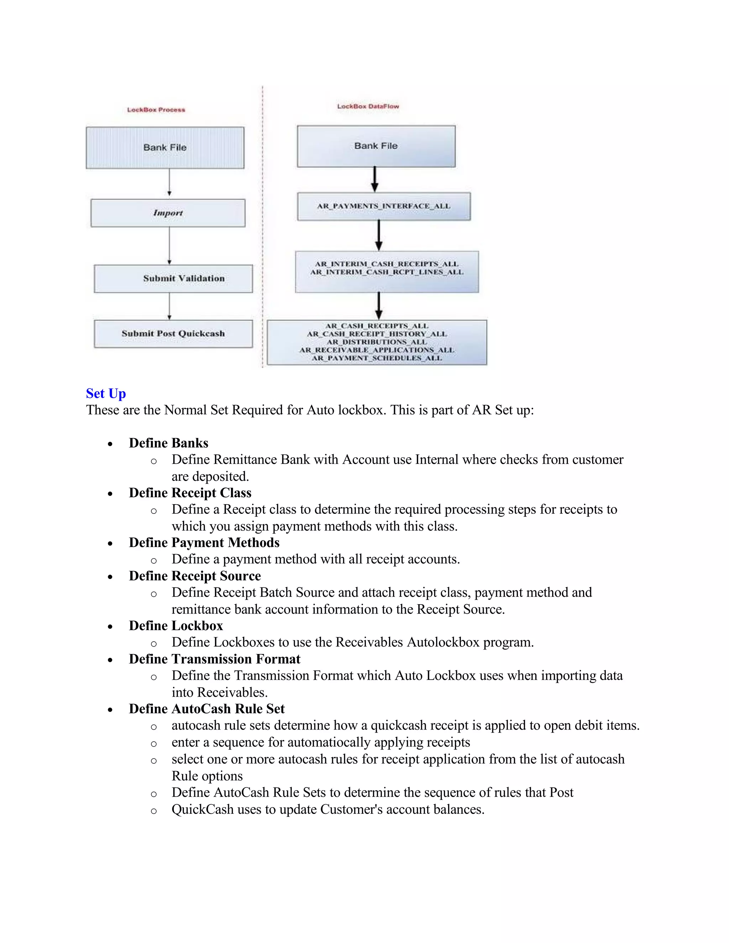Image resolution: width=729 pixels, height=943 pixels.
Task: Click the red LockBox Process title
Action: click(156, 110)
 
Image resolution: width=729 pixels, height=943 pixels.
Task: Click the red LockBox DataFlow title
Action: click(368, 106)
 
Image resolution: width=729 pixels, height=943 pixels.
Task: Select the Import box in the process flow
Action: click(168, 213)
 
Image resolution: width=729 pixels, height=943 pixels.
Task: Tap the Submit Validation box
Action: click(174, 279)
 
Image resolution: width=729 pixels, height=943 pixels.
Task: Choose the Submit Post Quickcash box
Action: click(173, 333)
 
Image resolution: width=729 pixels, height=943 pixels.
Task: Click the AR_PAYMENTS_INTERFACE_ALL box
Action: click(383, 206)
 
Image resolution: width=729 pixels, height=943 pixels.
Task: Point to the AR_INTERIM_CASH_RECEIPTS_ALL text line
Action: click(387, 264)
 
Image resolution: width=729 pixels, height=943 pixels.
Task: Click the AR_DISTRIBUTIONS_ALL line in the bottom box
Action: click(377, 342)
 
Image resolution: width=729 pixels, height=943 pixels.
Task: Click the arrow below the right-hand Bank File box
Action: click(374, 179)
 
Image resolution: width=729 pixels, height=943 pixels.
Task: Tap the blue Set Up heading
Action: click(106, 393)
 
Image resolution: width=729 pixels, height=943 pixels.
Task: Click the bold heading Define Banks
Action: click(168, 443)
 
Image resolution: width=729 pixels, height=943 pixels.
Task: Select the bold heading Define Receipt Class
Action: click(190, 492)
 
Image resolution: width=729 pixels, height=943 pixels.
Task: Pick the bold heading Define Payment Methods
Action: click(204, 542)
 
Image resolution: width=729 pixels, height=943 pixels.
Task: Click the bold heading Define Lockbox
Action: click(176, 626)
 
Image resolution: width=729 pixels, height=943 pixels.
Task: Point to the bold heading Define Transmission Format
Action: click(214, 659)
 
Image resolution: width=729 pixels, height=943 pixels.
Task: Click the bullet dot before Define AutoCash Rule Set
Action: click(111, 710)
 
